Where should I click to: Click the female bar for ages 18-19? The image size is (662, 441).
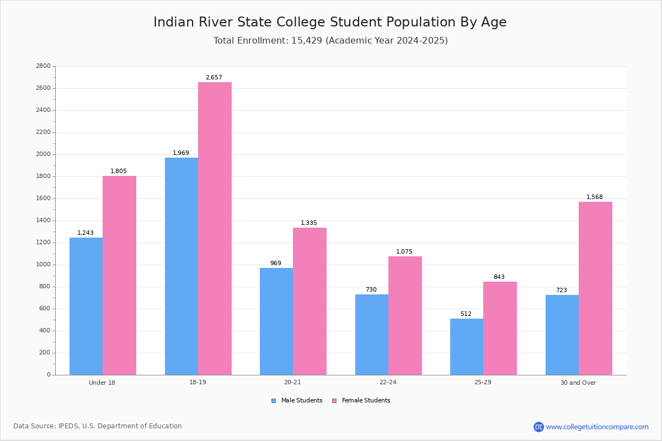tap(215, 228)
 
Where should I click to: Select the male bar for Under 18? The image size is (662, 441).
tap(86, 306)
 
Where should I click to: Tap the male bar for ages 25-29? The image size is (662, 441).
tap(467, 347)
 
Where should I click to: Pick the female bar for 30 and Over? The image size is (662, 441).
tap(595, 288)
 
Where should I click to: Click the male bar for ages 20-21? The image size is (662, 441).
tap(276, 321)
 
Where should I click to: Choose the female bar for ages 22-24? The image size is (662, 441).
tap(405, 315)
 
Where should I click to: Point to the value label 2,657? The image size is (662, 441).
tap(214, 78)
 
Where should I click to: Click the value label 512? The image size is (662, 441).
tap(466, 314)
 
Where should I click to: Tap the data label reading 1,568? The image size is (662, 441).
tap(595, 197)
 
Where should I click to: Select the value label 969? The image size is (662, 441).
tap(276, 263)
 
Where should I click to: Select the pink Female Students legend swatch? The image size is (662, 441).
tap(334, 401)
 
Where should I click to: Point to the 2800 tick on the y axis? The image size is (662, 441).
tap(44, 66)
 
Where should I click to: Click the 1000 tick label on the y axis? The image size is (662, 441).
tap(44, 265)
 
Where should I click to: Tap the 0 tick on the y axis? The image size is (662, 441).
tap(49, 375)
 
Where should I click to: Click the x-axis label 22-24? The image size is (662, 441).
tap(388, 383)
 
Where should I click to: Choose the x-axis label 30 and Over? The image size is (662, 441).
tap(578, 383)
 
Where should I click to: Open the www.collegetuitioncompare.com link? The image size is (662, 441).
tap(597, 427)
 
